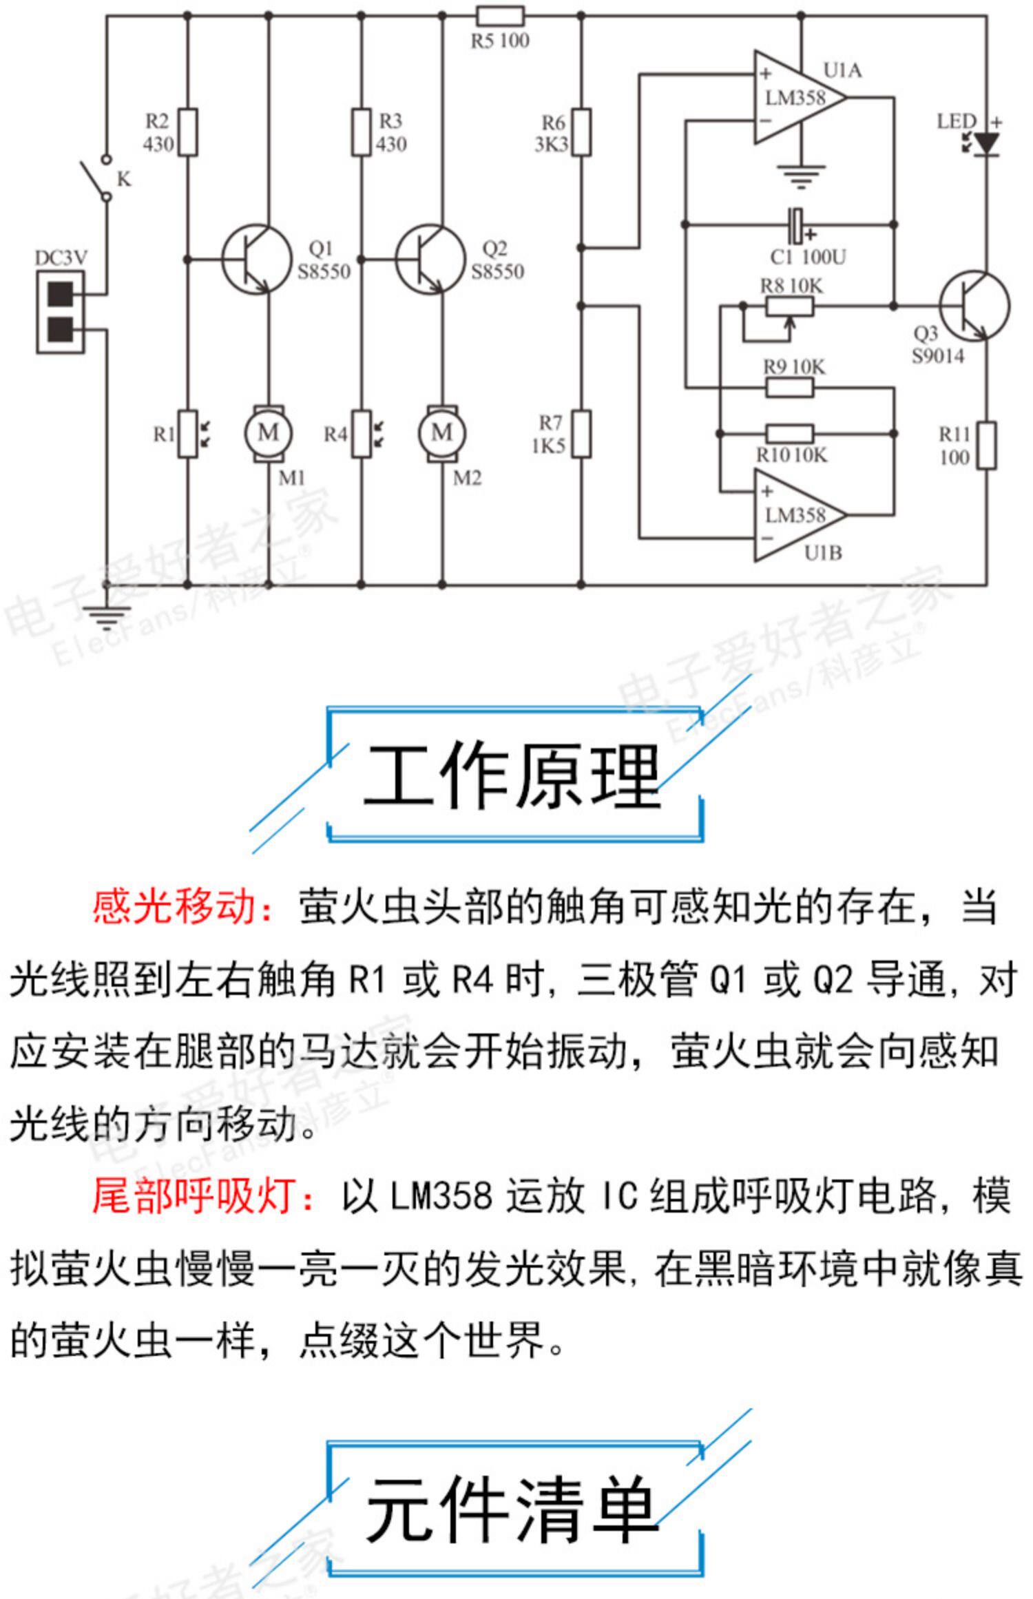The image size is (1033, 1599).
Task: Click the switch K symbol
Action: point(96,178)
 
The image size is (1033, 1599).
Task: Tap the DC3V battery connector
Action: point(61,312)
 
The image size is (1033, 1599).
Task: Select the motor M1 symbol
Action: point(268,433)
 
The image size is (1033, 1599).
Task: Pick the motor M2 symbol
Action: point(441,433)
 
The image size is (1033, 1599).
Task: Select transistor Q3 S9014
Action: point(974,306)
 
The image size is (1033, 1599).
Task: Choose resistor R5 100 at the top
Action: point(501,16)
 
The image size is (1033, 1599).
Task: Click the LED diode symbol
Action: point(987,144)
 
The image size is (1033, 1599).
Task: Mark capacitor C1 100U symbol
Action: point(797,225)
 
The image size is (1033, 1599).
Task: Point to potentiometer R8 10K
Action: point(790,307)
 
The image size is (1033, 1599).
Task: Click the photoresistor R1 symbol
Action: point(188,434)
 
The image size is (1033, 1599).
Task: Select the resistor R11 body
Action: point(987,446)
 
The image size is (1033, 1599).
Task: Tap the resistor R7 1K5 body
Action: point(581,434)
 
